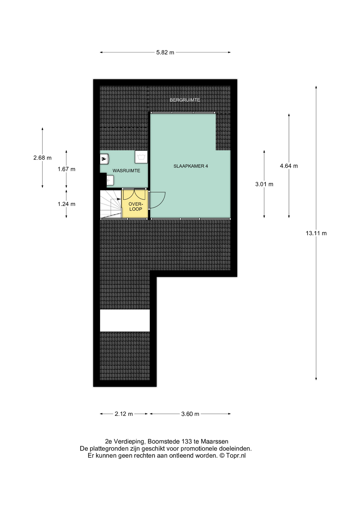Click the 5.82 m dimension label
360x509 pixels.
165,52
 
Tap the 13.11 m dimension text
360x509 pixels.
316,233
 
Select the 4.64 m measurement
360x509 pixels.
289,166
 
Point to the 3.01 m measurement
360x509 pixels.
264,184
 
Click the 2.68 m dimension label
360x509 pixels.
42,158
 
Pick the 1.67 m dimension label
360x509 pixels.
67,169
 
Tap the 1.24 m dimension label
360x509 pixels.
67,204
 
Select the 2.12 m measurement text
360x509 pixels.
124,414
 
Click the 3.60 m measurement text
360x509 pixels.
190,414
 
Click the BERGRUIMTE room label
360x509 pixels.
185,100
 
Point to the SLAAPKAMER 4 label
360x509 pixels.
191,166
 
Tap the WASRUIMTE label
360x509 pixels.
126,171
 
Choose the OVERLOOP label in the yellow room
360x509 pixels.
136,207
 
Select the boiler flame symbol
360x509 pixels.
104,159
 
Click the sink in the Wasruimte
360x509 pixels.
110,180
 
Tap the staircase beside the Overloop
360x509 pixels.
111,204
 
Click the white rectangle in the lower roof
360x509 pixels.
125,321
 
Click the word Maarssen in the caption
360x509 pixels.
214,441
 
